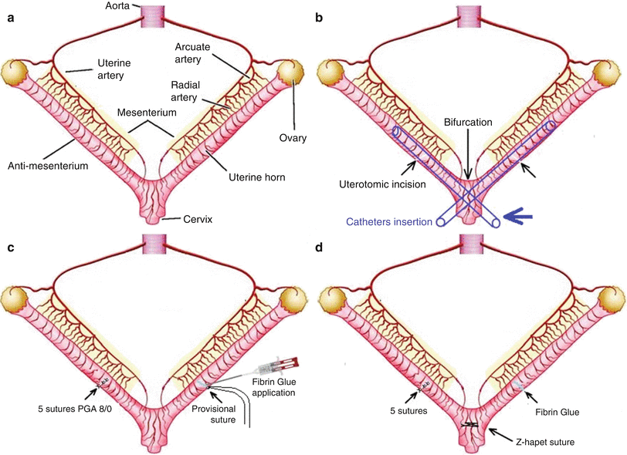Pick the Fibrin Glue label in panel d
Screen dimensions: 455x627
(557, 413)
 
